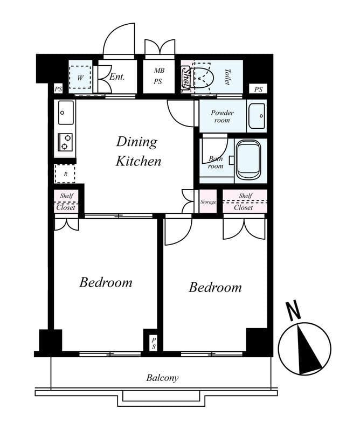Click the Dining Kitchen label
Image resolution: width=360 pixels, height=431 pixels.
139,151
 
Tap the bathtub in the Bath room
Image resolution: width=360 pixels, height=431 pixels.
248,160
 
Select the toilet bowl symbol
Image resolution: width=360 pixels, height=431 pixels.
202,77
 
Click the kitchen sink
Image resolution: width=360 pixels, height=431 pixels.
66,113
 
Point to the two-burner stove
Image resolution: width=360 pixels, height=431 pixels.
65,142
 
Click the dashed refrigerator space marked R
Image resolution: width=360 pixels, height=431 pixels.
65,173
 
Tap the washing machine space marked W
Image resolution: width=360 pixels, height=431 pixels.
80,77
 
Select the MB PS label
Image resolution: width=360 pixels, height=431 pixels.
158,76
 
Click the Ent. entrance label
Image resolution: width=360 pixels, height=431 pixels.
117,77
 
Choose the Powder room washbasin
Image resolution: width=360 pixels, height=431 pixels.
257,116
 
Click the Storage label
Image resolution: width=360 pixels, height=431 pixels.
208,202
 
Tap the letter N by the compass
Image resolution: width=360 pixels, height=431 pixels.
294,311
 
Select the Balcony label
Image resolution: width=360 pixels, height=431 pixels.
162,378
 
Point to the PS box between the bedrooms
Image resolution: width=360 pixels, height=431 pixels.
154,343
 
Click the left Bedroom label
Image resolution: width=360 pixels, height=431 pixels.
106,282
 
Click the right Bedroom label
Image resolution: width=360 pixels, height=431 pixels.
215,288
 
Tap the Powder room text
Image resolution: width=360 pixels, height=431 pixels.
222,116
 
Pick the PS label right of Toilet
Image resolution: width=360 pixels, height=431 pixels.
258,89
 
